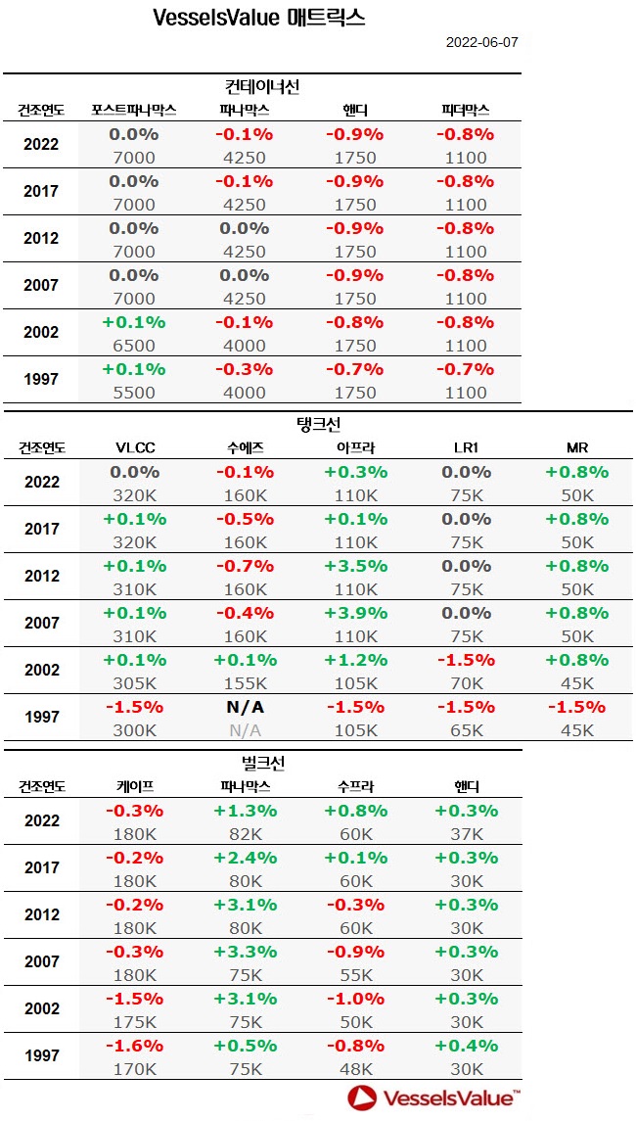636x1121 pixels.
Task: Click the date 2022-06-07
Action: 481,43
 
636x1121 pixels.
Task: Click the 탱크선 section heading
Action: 318,424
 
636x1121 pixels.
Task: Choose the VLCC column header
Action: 135,448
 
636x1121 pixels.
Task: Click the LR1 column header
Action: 466,448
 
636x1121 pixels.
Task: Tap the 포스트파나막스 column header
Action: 133,110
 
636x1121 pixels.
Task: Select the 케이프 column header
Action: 135,786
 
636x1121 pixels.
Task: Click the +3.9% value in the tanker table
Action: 355,613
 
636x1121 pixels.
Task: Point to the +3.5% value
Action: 355,566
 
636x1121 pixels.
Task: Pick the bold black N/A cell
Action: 245,707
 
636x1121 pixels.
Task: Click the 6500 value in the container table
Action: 135,346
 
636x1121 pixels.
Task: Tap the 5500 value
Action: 135,393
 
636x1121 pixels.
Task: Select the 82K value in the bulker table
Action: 245,834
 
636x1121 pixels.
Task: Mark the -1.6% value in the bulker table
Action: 135,1046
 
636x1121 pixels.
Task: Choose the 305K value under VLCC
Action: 135,683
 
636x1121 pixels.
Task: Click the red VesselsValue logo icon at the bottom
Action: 364,1098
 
